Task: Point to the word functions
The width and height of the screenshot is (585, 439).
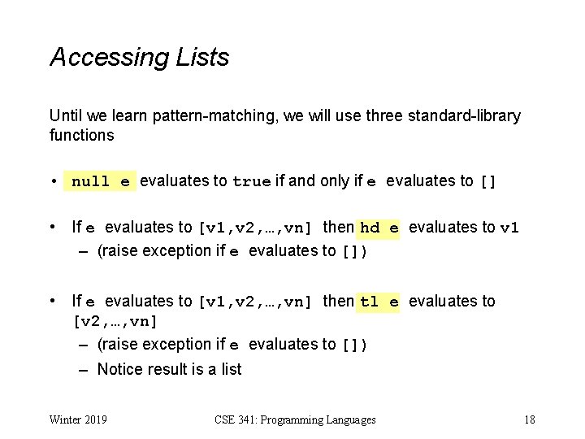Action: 81,135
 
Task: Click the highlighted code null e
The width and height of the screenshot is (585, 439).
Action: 101,181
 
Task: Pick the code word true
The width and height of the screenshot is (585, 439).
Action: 252,181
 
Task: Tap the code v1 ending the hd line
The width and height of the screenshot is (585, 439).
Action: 509,228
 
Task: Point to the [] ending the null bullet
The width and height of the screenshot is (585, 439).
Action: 487,181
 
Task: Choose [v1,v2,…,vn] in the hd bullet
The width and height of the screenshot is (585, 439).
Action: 255,228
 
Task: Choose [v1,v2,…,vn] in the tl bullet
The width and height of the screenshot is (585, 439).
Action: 255,302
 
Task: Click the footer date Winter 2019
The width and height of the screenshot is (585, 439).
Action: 79,419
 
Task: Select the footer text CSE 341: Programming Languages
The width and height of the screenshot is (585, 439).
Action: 295,419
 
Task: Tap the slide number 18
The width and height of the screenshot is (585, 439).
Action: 529,419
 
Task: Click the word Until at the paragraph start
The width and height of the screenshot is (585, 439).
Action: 65,115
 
